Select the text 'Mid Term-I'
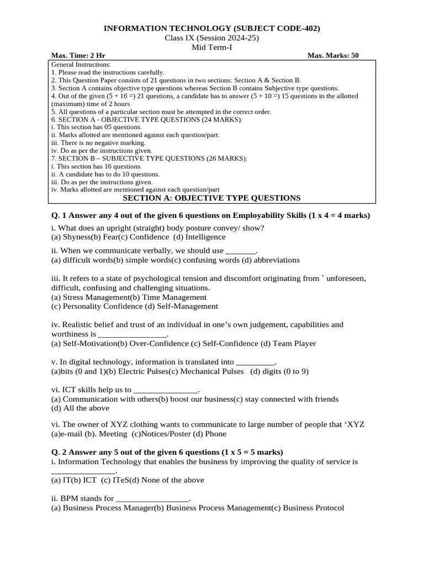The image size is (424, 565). [212, 47]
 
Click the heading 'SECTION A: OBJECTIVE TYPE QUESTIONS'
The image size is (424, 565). [211, 198]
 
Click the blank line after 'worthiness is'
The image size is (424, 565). [132, 335]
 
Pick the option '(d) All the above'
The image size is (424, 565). [80, 408]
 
